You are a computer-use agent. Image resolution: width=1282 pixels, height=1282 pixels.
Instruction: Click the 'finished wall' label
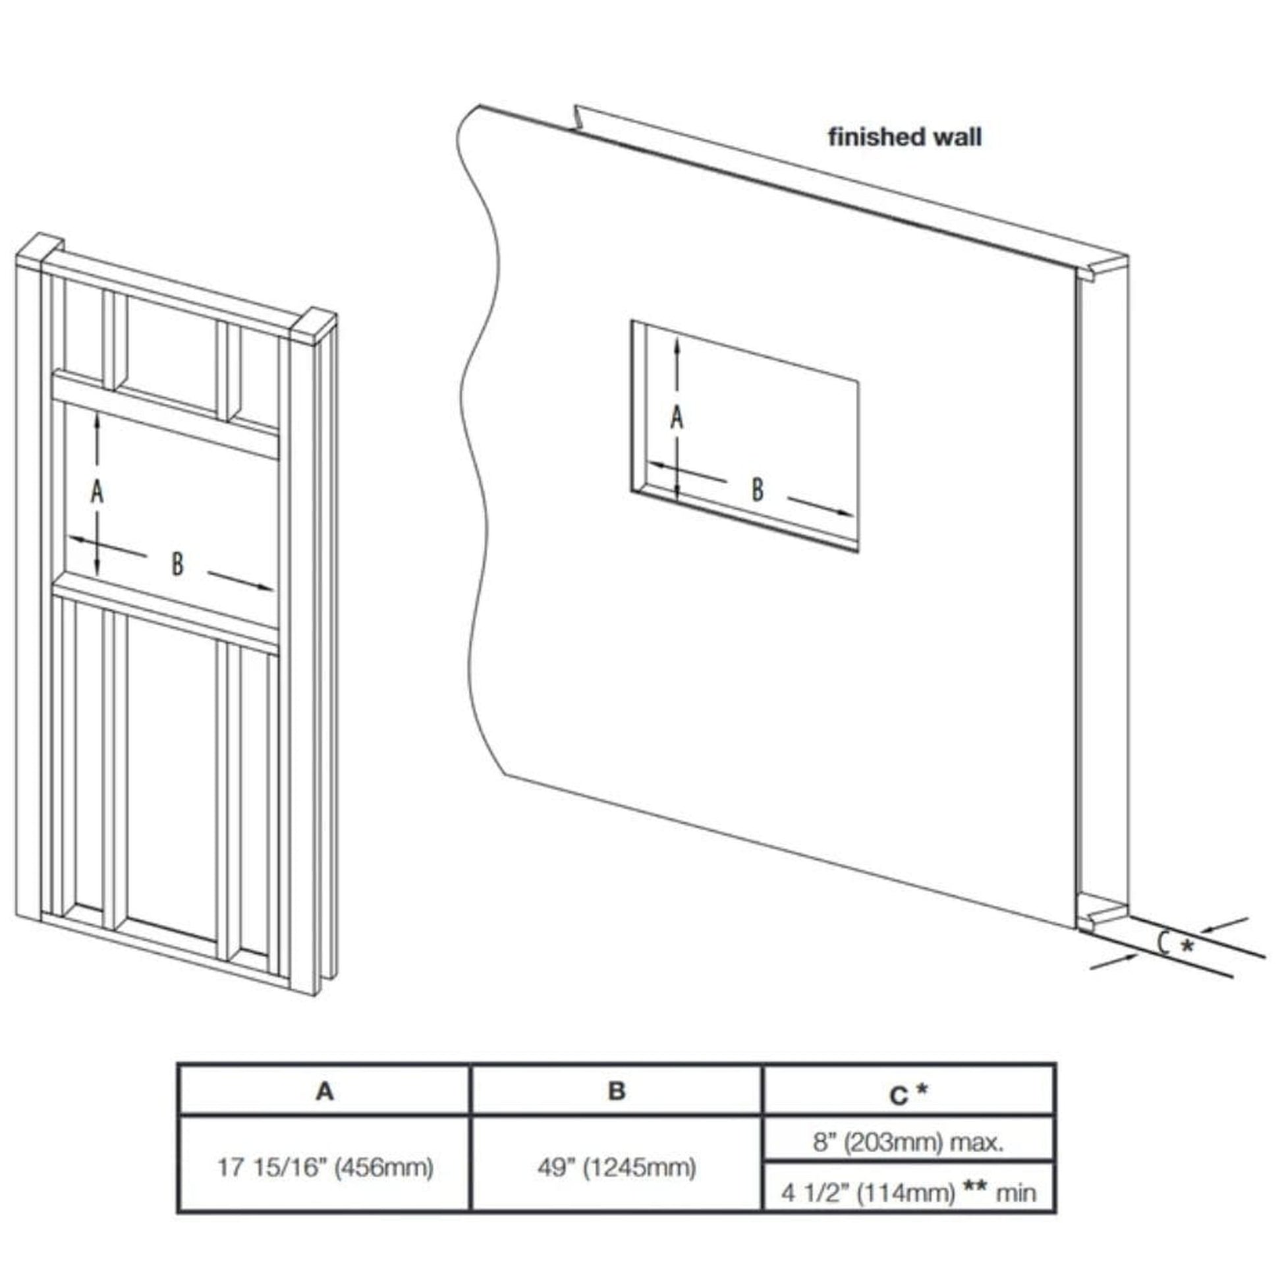coord(905,137)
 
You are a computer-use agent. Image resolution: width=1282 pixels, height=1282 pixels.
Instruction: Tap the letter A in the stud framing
coord(98,493)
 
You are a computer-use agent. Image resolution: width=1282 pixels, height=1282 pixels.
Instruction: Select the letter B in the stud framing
coord(177,564)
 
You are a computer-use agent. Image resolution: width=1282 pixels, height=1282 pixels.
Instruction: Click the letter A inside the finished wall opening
coord(676,418)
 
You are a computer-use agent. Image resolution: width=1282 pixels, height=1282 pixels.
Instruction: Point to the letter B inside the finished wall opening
coord(757,489)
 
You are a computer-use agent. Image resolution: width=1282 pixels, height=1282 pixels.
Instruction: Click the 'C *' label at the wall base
coord(1176,943)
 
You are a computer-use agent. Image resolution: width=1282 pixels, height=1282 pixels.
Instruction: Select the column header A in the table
coord(325,1091)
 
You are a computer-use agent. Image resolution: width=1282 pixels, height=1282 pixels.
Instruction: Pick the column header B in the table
coord(617,1091)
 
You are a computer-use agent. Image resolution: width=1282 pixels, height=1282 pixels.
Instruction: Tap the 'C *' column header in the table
coord(908,1093)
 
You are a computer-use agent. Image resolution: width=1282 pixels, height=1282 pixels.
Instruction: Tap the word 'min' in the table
coord(1016,1193)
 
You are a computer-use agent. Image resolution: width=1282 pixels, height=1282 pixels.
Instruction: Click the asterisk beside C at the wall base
coord(1187,944)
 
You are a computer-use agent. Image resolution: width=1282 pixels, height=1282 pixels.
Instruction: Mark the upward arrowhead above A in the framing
coord(98,418)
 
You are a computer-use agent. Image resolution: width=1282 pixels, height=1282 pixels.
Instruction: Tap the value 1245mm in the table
coord(639,1167)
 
